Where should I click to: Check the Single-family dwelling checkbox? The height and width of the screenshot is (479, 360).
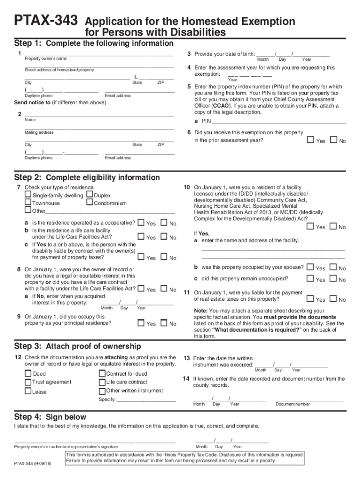click(28, 195)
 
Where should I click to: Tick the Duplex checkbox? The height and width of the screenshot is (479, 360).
click(90, 195)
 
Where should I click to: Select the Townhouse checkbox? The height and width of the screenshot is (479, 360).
click(28, 203)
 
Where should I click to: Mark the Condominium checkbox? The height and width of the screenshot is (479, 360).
click(90, 203)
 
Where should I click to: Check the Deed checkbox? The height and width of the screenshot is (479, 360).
click(28, 373)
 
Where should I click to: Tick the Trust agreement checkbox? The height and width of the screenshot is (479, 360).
click(28, 382)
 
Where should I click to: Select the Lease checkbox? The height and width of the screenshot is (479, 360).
click(28, 391)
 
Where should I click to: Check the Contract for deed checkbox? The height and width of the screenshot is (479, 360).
click(102, 373)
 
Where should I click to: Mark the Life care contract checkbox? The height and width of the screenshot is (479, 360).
click(102, 382)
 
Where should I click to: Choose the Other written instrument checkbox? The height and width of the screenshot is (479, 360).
click(102, 391)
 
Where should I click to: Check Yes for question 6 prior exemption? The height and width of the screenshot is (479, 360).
click(311, 140)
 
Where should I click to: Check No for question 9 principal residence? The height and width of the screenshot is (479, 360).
click(164, 323)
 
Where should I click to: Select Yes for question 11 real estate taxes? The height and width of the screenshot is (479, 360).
click(311, 298)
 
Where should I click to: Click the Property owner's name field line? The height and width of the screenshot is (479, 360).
click(99, 55)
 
